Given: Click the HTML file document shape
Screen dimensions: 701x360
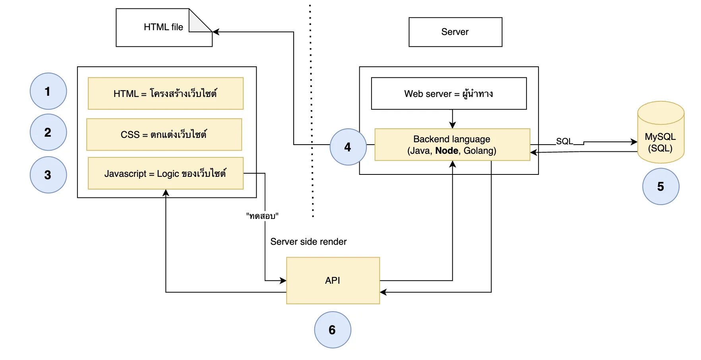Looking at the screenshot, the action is (164, 27).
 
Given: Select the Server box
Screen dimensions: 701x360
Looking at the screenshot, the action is (455, 32).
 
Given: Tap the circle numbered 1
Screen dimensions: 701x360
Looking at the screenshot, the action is (48, 91).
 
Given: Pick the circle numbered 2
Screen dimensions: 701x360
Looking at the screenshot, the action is (48, 132).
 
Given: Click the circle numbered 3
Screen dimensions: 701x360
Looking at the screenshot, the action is (48, 175).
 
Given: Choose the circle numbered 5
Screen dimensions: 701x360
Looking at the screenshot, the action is (661, 186).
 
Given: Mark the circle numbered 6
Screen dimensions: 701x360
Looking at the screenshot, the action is (333, 330).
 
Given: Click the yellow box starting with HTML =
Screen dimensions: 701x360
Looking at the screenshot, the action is (166, 93).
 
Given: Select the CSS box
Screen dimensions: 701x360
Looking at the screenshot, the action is (164, 134).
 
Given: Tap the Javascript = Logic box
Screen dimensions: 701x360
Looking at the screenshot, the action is (166, 173).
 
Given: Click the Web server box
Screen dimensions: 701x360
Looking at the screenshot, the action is (449, 93).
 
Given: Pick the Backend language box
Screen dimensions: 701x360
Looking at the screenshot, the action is (452, 145).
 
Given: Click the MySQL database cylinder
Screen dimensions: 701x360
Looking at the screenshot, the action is (661, 132).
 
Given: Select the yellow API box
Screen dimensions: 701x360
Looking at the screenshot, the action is (333, 281).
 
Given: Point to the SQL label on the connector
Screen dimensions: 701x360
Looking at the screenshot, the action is (564, 141).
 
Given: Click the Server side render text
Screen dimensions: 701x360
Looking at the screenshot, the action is (308, 242).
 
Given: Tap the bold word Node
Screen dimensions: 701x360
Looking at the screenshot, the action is (447, 151).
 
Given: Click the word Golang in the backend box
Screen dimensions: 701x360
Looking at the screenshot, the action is (479, 151).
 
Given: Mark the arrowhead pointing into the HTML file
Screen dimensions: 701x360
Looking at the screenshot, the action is (216, 32).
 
